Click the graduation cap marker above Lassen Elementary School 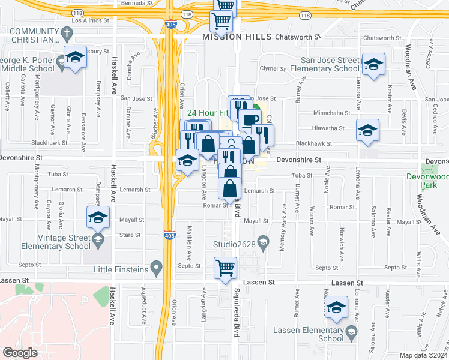tap(337, 307)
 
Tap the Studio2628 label tap(234, 244)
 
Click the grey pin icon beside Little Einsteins tap(157, 266)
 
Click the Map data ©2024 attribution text tap(424, 355)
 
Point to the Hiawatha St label tap(328, 128)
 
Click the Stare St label tap(131, 235)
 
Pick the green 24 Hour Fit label tap(208, 113)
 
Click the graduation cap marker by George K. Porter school tap(74, 58)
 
